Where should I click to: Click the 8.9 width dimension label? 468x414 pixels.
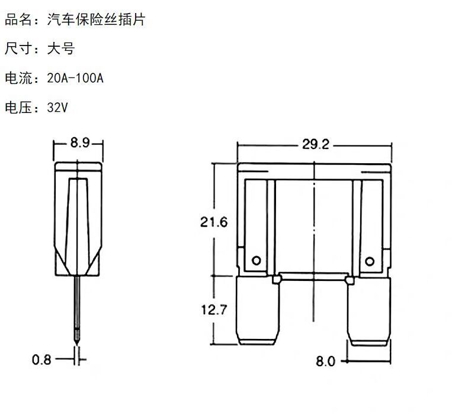(x=79, y=143)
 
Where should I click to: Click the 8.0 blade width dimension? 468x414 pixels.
(x=325, y=361)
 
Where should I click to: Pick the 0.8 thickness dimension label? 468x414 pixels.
(x=41, y=359)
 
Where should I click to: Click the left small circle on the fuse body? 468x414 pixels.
(x=256, y=260)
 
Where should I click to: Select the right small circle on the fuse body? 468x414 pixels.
(x=370, y=260)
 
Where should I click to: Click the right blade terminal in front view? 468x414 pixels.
(x=369, y=312)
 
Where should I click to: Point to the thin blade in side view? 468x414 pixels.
(x=77, y=305)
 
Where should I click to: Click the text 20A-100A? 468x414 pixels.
(x=75, y=78)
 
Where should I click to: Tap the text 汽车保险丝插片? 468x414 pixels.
(x=96, y=20)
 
